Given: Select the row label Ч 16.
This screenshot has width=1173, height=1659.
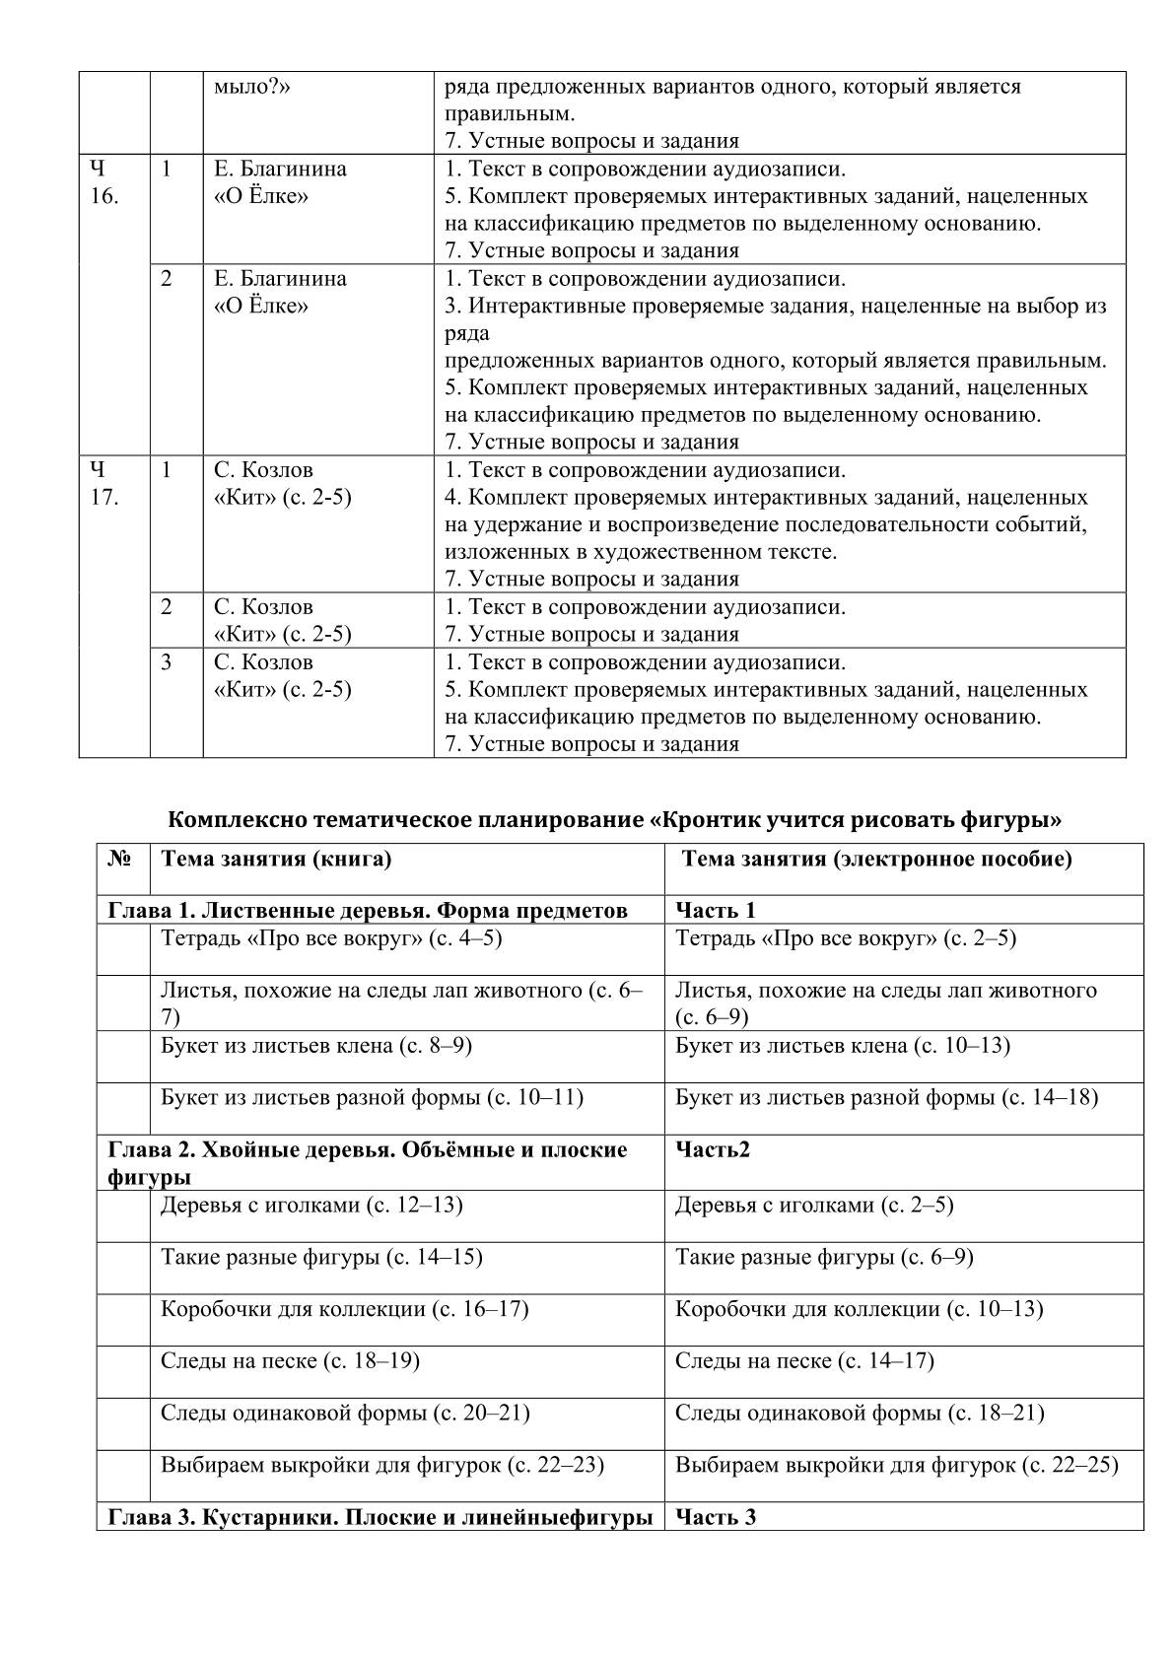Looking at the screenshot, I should [x=104, y=182].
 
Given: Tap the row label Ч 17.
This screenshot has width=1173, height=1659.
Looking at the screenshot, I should [x=104, y=483].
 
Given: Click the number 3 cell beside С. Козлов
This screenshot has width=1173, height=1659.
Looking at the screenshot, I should [x=167, y=662].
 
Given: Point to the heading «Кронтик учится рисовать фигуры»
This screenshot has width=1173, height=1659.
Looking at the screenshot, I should [x=614, y=819].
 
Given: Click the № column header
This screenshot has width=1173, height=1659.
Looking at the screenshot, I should [x=119, y=859].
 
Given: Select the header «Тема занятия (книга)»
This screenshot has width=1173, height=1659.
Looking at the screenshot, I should [x=276, y=859].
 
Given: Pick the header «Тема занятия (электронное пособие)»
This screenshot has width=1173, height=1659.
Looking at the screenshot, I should [x=876, y=859].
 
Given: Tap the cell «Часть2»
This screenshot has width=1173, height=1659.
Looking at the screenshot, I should [x=713, y=1149].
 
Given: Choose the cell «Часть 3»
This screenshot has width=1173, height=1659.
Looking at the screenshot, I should [x=716, y=1517].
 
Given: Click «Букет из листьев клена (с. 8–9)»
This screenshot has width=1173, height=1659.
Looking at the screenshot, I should [x=316, y=1045].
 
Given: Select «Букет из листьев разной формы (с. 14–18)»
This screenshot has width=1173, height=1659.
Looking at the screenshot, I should [x=886, y=1097].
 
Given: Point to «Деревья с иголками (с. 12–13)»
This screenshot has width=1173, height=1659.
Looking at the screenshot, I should [x=311, y=1205].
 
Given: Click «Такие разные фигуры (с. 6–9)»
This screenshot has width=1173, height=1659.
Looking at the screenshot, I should [x=824, y=1257].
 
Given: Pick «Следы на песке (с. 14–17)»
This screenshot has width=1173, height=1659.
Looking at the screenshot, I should [x=804, y=1361].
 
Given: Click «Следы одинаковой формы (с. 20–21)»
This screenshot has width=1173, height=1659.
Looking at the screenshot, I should [x=345, y=1413].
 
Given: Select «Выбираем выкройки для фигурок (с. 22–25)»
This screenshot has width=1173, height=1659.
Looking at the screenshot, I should [x=896, y=1465].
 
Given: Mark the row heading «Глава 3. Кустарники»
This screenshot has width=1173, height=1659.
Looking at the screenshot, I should [x=379, y=1517].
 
